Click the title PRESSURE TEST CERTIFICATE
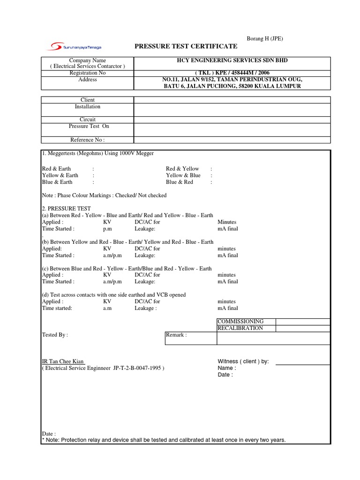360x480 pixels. [x=186, y=46]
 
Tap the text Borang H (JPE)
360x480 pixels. [x=264, y=38]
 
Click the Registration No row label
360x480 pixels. [x=88, y=73]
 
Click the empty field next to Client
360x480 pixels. [x=232, y=100]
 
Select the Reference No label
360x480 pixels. [x=88, y=140]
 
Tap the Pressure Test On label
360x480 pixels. [x=89, y=127]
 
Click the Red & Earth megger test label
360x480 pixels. [x=57, y=169]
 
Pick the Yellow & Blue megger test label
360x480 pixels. [x=183, y=175]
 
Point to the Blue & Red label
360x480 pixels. [x=180, y=182]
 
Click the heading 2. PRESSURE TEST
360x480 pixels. [x=67, y=209]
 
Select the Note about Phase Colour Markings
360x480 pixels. [x=104, y=195]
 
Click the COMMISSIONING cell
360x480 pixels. [x=240, y=322]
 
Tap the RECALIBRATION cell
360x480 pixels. [x=240, y=328]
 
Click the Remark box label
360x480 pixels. [x=177, y=335]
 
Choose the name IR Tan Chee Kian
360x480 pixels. [x=63, y=362]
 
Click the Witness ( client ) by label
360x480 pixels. [x=243, y=362]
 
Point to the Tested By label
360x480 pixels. [x=55, y=335]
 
